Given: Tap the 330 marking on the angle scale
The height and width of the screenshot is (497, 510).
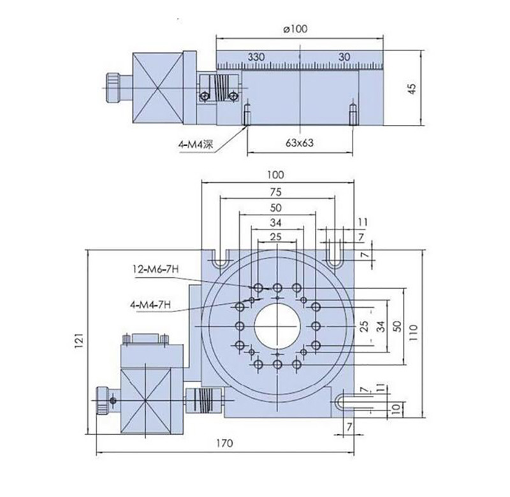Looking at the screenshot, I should point(255,57).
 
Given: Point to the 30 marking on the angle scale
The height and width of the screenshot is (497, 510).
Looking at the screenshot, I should point(345,57).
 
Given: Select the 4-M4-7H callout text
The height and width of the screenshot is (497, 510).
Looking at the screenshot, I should point(150,305).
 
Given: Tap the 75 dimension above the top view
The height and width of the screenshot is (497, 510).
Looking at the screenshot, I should point(275,191).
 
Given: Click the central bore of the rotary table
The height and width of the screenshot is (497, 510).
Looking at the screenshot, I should point(277,326).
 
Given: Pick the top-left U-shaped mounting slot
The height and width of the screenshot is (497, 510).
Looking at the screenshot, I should point(220,259).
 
